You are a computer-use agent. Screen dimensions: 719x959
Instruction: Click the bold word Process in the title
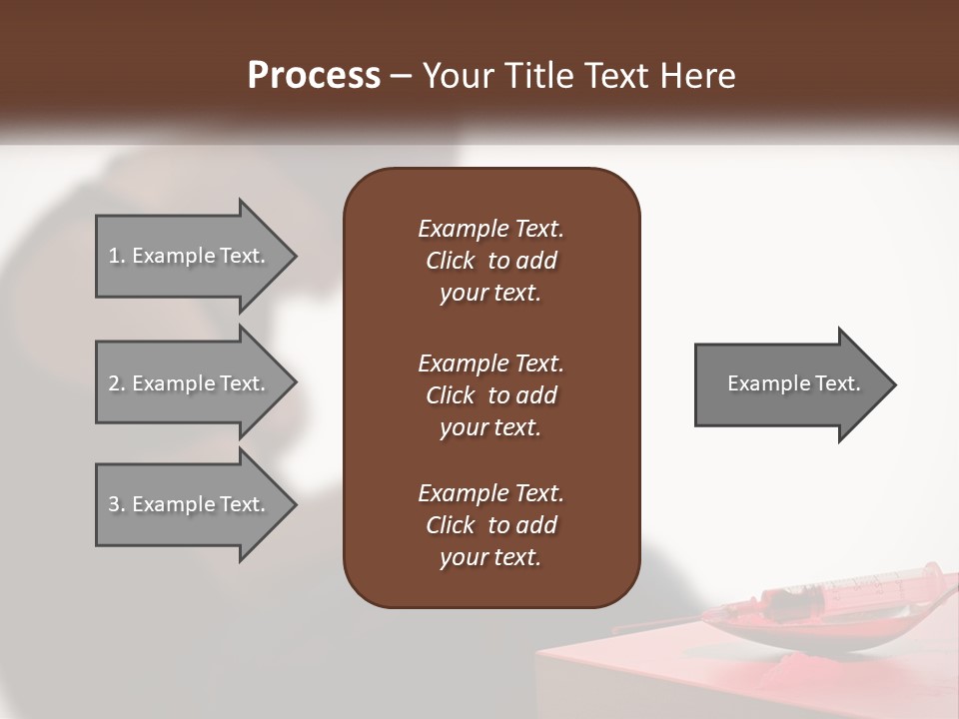tap(314, 76)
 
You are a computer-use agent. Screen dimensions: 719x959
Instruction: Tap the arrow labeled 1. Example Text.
tap(190, 256)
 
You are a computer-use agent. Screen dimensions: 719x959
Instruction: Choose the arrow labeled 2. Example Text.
tap(190, 383)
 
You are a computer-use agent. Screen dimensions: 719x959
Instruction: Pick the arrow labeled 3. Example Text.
tap(190, 504)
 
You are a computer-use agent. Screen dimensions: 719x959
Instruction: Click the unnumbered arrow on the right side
tap(789, 383)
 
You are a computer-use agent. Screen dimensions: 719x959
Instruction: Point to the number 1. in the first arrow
tap(117, 256)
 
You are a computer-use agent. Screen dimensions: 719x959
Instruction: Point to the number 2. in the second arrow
tap(117, 383)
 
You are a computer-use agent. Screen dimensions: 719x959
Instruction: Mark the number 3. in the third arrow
tap(117, 504)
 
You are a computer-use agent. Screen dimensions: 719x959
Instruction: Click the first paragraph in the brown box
tap(490, 261)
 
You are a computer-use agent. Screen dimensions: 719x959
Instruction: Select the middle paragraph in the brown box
tap(490, 395)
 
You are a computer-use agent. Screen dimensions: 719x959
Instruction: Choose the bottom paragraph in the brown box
tap(490, 525)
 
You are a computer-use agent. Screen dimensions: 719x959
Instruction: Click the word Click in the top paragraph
tap(450, 262)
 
